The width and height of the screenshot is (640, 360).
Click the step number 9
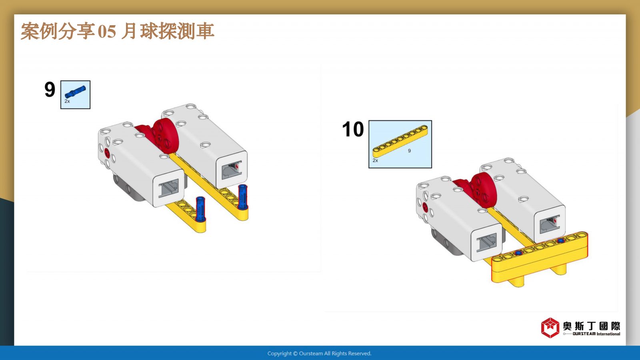click(50, 90)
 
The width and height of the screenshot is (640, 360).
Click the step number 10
click(353, 129)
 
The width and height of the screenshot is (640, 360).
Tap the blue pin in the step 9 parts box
click(75, 92)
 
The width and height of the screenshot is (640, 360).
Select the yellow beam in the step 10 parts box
click(400, 141)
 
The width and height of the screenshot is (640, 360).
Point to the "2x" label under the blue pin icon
click(67, 101)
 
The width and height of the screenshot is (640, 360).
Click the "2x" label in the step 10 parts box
click(375, 160)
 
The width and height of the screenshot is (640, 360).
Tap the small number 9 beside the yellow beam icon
click(410, 150)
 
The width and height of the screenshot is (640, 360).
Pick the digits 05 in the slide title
click(107, 31)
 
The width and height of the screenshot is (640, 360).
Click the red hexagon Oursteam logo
click(550, 328)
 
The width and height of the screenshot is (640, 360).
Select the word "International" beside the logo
click(608, 334)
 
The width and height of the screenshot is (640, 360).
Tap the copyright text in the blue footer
click(319, 354)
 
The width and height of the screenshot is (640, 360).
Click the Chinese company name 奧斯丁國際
click(592, 326)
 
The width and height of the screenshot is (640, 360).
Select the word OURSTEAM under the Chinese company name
click(584, 334)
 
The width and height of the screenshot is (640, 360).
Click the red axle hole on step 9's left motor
click(107, 153)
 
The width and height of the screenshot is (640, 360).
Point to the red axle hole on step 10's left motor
click(425, 208)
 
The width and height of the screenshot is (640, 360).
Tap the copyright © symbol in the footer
click(296, 354)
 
